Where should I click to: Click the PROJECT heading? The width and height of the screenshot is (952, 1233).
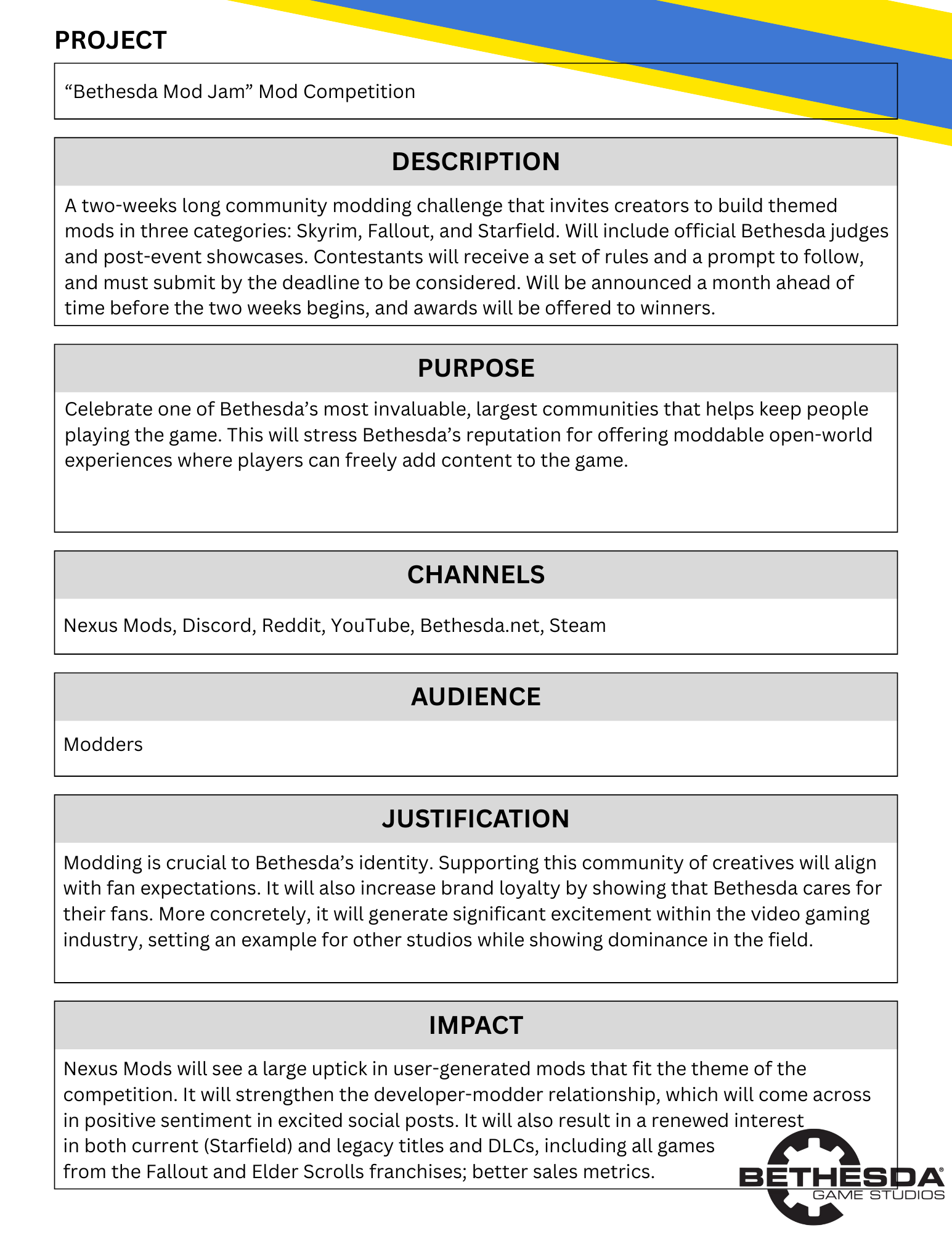110,41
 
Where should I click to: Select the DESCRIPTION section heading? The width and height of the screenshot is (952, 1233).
476,162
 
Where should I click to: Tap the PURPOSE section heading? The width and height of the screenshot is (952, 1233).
476,368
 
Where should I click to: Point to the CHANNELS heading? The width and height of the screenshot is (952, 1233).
476,575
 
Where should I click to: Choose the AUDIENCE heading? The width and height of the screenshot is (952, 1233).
476,697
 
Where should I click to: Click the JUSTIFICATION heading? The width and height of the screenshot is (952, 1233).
476,819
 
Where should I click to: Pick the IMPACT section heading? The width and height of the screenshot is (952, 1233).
476,1025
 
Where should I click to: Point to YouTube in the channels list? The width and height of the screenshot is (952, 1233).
371,626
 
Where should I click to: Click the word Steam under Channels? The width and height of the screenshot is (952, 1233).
577,626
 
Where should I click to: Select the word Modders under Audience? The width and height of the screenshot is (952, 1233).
103,745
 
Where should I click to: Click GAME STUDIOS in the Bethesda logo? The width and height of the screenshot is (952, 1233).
878,1195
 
